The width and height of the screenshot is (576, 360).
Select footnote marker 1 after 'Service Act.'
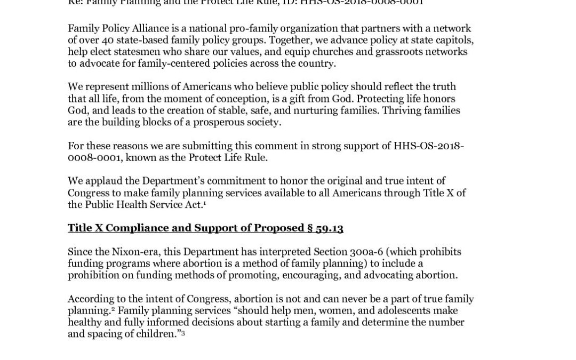205,203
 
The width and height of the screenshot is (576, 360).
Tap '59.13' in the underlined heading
329,228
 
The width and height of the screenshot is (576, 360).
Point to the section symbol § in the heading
309,228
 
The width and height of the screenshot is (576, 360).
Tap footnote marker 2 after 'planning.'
114,309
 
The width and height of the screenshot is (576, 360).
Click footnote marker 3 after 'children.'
183,333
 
